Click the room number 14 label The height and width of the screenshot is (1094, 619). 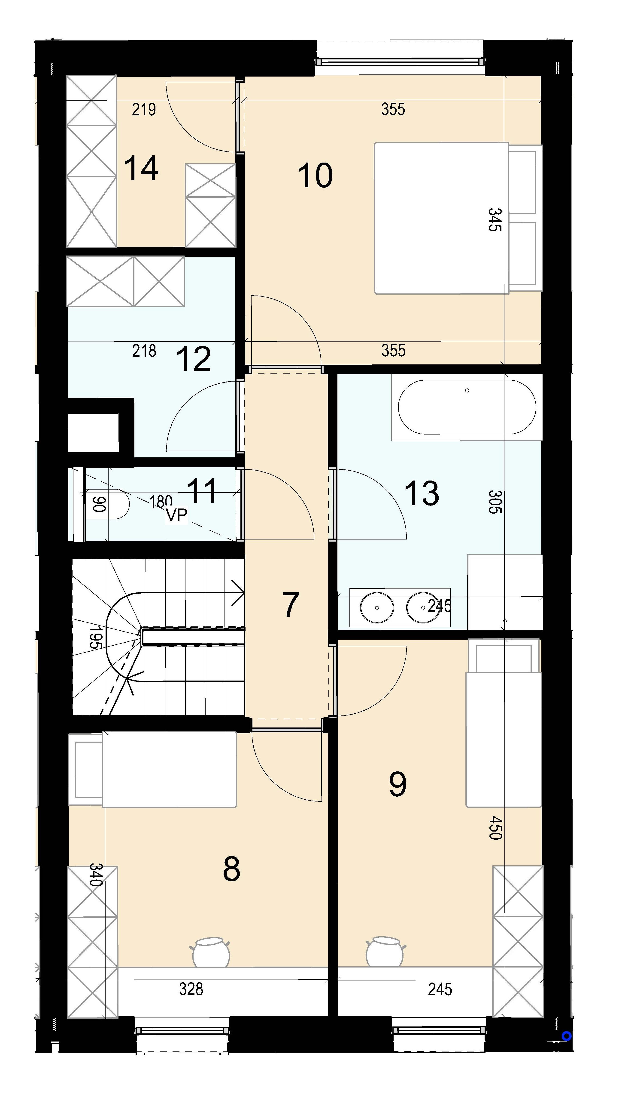tap(141, 168)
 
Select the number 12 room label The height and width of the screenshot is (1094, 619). tap(194, 359)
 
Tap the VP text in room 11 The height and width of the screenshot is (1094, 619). tap(176, 515)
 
